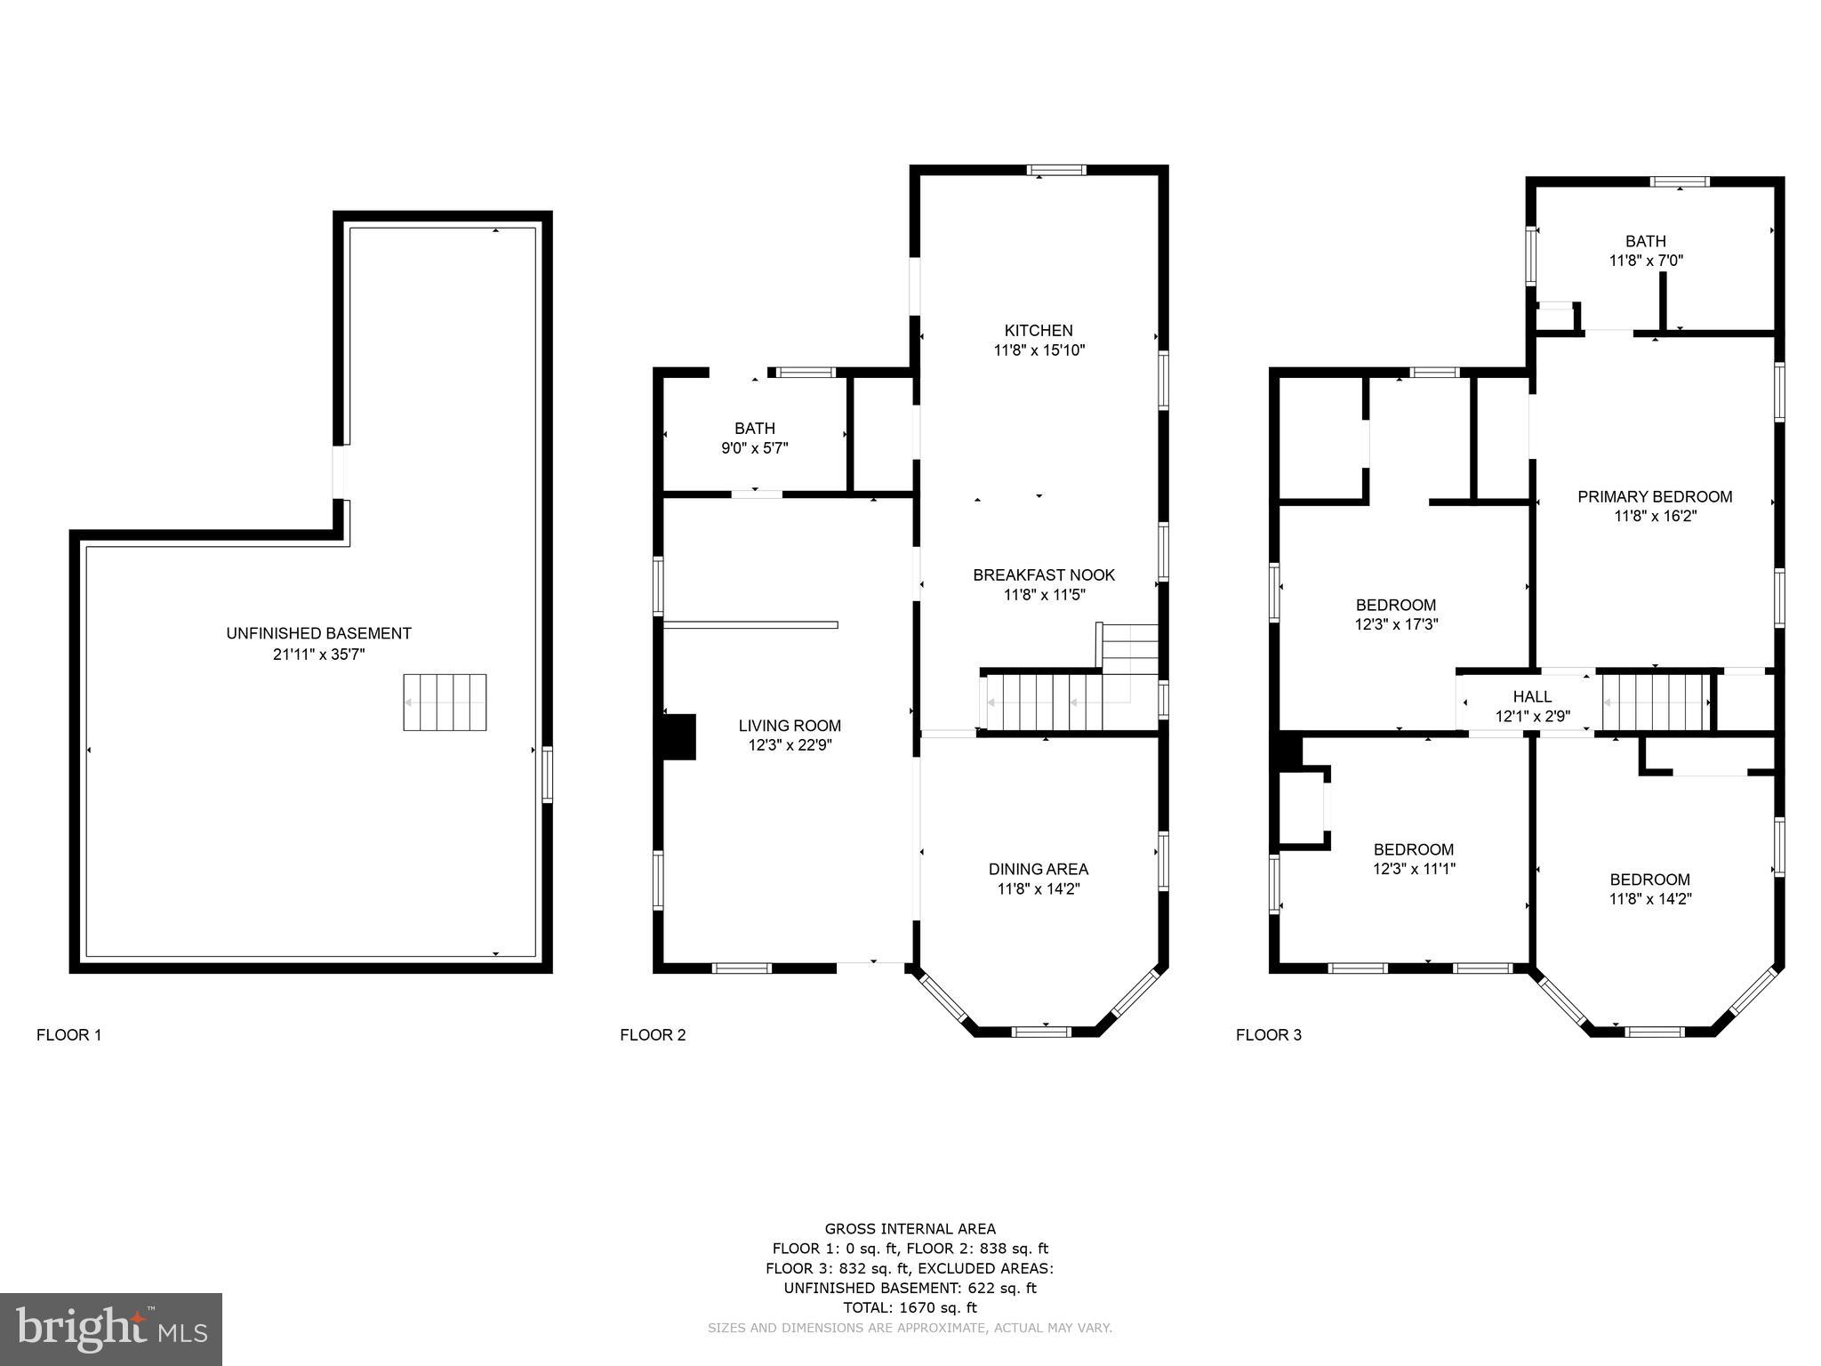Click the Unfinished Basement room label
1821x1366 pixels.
pos(318,633)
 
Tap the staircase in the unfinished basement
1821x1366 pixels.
pos(445,703)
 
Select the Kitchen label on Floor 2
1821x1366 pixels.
pos(1039,331)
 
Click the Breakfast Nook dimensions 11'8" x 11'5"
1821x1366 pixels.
pos(1044,595)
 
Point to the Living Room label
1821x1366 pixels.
pos(790,726)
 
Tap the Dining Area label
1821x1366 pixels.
pos(1038,869)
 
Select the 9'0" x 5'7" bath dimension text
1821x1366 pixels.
pos(754,448)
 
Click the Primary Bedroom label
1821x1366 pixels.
pos(1655,496)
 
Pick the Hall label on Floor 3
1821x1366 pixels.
pos(1532,696)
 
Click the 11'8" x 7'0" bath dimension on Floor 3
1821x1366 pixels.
pos(1646,261)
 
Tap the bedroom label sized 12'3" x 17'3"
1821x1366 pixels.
pos(1396,605)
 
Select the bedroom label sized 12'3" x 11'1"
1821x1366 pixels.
pos(1413,849)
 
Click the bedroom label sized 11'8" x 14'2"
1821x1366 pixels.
pos(1649,880)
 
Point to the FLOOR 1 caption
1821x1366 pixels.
pos(69,1034)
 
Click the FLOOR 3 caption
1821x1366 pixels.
pos(1268,1034)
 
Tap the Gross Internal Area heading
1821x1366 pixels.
pos(910,1229)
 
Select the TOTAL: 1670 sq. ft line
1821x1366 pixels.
pos(910,1307)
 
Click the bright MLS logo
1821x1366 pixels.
pos(111,1330)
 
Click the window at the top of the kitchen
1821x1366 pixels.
pos(1056,170)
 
